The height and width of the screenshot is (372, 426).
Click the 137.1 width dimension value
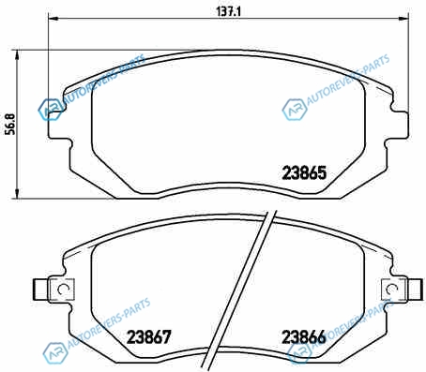[x=229, y=11]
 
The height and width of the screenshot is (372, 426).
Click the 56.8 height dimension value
[x=11, y=124]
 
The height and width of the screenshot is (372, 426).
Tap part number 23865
[x=304, y=172]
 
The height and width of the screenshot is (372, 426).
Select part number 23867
[x=149, y=337]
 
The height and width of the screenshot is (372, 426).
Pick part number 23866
[x=304, y=337]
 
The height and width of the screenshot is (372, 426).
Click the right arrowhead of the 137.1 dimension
[x=403, y=19]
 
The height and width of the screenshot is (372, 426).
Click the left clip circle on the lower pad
[x=63, y=290]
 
